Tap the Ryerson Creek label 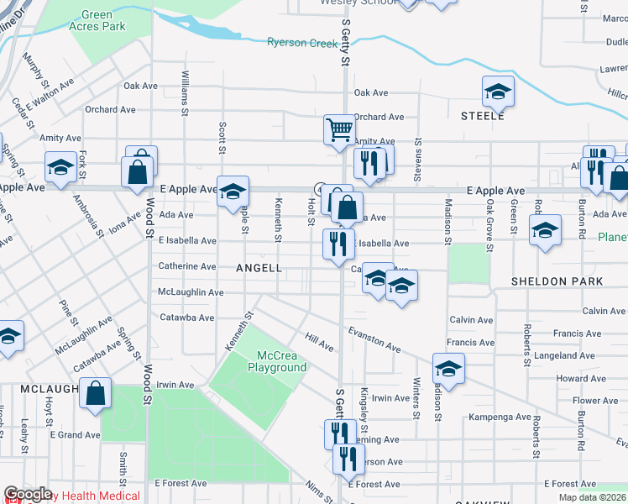tap(302, 43)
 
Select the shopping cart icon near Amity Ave tap(339, 130)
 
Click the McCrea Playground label tap(276, 361)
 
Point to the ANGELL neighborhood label tap(259, 268)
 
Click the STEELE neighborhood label tap(482, 116)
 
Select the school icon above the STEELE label tap(498, 92)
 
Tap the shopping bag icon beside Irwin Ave tap(96, 392)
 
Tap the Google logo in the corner tap(28, 494)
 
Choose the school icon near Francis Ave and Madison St tap(448, 369)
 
